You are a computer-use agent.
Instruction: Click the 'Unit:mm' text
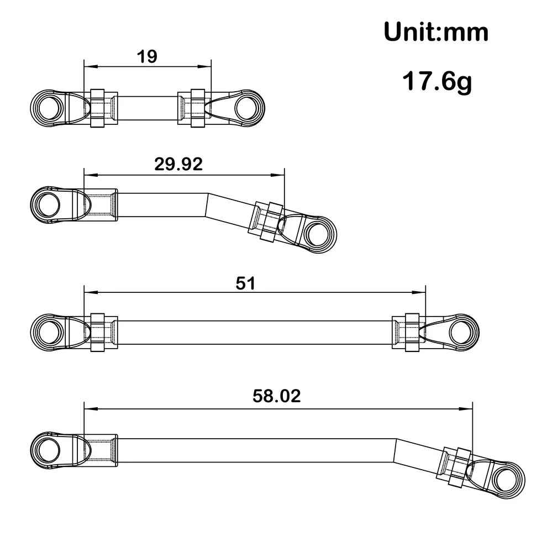pos(436,32)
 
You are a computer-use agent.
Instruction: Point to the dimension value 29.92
pos(178,164)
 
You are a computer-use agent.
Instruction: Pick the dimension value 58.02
pos(276,396)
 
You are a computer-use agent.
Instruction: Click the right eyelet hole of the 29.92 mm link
pos(315,234)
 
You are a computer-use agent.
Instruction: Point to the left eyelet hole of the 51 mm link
pos(48,332)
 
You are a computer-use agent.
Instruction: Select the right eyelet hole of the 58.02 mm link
pos(505,478)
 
